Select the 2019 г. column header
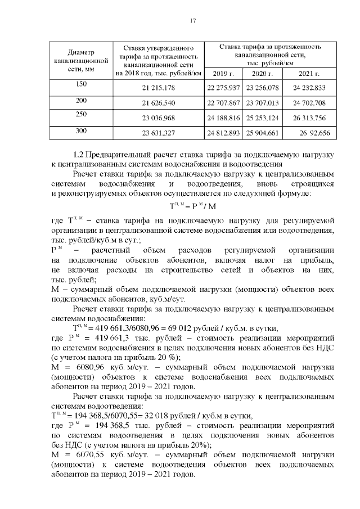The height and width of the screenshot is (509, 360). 224,74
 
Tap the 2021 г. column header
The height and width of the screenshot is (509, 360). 309,74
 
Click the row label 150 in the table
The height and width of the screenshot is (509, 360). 81,84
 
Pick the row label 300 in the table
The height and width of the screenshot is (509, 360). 81,131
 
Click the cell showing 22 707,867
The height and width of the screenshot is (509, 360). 224,103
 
